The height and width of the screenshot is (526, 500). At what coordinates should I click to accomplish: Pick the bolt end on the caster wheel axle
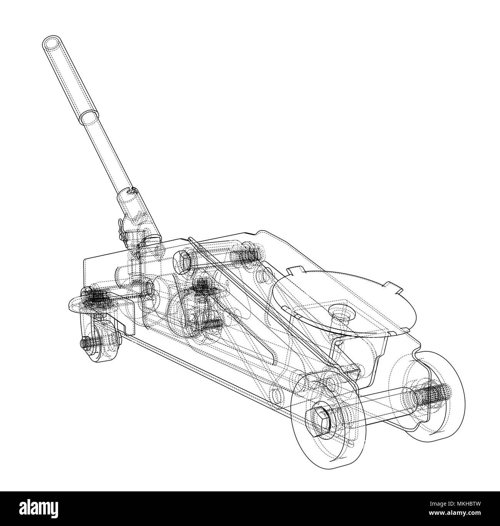[86, 342]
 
